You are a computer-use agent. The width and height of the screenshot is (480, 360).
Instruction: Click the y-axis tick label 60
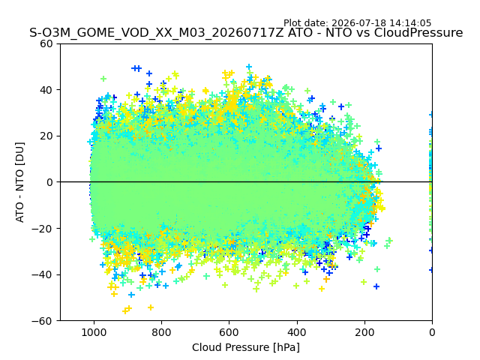click(x=46, y=43)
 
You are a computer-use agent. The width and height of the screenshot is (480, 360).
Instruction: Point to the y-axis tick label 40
click(x=46, y=90)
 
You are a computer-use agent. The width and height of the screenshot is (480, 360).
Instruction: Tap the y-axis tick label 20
click(x=46, y=136)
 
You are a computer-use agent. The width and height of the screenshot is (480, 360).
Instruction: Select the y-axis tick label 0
click(x=49, y=182)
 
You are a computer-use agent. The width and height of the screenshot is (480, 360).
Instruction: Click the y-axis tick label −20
click(x=42, y=229)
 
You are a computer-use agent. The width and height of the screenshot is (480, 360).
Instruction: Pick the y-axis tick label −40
click(x=42, y=275)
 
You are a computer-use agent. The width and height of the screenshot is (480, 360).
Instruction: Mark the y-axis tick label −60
click(x=42, y=321)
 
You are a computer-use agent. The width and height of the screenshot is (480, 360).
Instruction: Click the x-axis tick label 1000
click(x=94, y=332)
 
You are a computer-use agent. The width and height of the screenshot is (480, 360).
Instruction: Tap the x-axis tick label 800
click(x=162, y=332)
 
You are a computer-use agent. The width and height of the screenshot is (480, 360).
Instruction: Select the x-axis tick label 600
click(x=229, y=332)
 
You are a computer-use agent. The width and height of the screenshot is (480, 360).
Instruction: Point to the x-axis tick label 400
click(x=297, y=332)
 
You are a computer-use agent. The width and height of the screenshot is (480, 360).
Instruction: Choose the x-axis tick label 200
click(x=364, y=332)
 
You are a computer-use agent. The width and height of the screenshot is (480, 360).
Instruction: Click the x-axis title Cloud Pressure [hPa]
click(x=246, y=347)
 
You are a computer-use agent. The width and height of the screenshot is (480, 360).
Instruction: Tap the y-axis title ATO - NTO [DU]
click(x=20, y=182)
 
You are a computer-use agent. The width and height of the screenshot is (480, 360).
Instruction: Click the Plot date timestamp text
click(x=357, y=23)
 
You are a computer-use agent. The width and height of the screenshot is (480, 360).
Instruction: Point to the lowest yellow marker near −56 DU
click(x=125, y=311)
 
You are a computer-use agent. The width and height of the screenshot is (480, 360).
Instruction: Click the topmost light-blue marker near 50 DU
click(x=249, y=67)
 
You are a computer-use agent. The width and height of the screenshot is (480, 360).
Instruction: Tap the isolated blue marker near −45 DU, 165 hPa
click(x=376, y=286)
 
